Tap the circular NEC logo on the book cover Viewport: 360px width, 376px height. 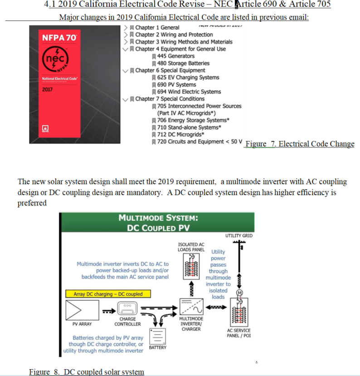[55, 61]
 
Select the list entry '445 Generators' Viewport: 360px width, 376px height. [175, 56]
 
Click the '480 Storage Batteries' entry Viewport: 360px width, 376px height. [183, 63]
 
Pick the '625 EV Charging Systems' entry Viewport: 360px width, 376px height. [188, 78]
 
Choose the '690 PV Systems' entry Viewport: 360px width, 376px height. [176, 84]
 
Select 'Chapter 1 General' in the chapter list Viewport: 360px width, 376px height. [157, 28]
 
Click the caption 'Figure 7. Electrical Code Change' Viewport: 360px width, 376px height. [300, 144]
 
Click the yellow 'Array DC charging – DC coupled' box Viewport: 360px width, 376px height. [108, 294]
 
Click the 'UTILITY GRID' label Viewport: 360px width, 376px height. [239, 236]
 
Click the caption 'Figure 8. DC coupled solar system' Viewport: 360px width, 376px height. [87, 372]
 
